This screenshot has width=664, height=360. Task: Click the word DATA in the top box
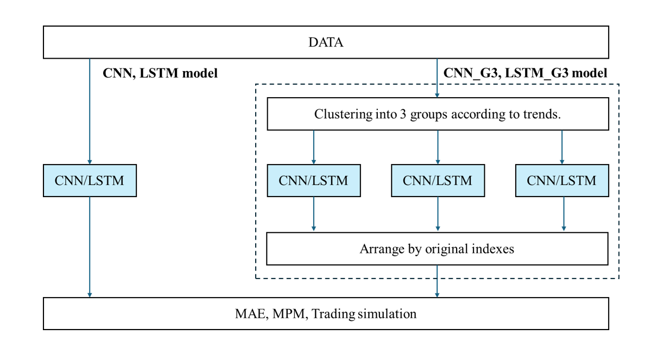pyautogui.click(x=326, y=42)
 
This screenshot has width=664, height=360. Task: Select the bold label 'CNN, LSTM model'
pyautogui.click(x=160, y=73)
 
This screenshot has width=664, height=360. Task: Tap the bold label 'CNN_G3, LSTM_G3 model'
pyautogui.click(x=525, y=73)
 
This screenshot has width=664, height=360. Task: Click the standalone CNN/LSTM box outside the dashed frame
pyautogui.click(x=90, y=181)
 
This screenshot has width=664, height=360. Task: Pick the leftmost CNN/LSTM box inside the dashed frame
pyautogui.click(x=314, y=181)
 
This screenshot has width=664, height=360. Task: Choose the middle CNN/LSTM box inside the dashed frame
pyautogui.click(x=438, y=181)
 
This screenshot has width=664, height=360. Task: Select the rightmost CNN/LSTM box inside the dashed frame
pyautogui.click(x=562, y=181)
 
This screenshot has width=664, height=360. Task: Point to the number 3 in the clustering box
pyautogui.click(x=403, y=115)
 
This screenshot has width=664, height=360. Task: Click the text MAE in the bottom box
pyautogui.click(x=252, y=314)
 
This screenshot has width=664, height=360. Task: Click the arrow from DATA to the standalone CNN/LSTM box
pyautogui.click(x=90, y=111)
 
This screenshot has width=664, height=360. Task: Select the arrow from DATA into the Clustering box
pyautogui.click(x=437, y=78)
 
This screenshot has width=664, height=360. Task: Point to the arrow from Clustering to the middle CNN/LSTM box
pyautogui.click(x=438, y=147)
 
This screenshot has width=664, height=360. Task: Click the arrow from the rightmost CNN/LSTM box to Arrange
pyautogui.click(x=564, y=214)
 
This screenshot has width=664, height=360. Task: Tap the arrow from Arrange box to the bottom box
pyautogui.click(x=437, y=281)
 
